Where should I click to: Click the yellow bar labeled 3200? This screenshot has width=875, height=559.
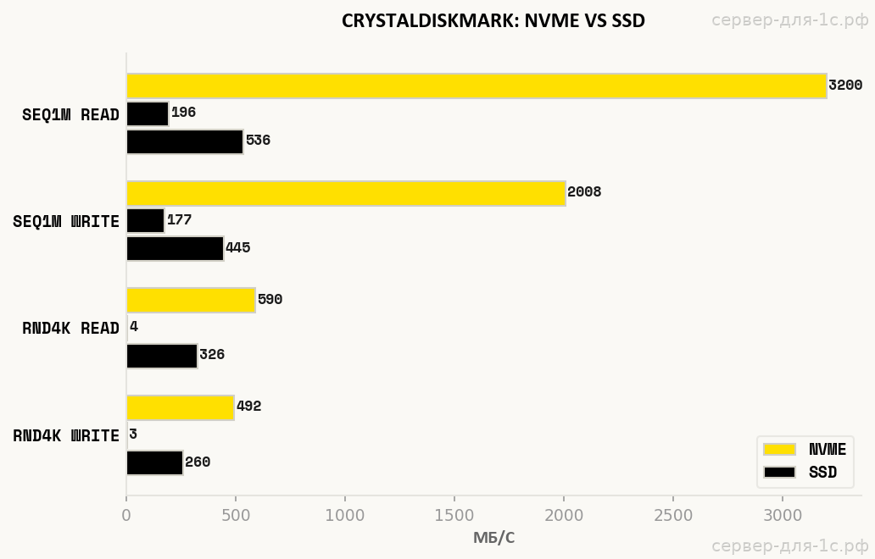point(476,86)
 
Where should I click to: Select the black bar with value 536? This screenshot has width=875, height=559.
point(185,141)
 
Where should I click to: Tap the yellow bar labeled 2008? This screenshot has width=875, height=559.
point(345,193)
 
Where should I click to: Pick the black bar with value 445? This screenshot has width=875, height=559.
point(175,248)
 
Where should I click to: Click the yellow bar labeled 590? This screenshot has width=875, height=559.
point(191,300)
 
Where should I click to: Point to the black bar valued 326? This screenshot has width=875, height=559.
point(162,356)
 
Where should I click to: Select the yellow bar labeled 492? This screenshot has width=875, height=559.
point(180,407)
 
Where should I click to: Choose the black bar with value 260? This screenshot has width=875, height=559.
point(154,462)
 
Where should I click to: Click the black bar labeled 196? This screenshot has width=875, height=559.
point(148,113)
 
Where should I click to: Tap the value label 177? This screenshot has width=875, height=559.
point(179,220)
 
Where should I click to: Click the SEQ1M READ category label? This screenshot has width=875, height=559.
point(70,115)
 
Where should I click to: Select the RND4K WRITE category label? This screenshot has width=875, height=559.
point(66,436)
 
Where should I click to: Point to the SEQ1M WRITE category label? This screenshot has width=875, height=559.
point(66,222)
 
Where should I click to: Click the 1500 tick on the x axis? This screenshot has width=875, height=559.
point(454,514)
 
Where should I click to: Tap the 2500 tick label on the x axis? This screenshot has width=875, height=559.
point(673,514)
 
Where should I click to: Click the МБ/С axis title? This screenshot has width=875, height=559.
point(493,538)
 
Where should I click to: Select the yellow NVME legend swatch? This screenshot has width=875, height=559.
point(779,450)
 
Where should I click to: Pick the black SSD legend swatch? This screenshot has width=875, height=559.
point(779,473)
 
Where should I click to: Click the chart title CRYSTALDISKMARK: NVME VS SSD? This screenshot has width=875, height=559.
point(493,21)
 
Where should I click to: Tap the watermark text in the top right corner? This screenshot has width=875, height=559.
point(789,20)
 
